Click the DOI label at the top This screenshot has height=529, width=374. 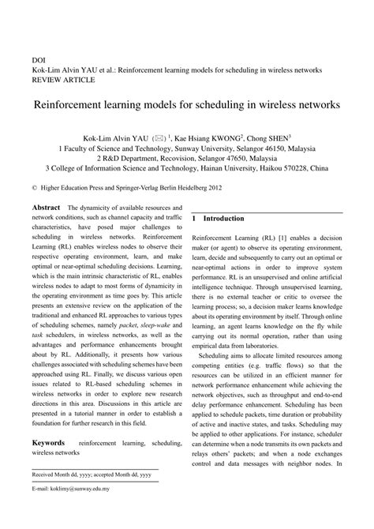click(38, 59)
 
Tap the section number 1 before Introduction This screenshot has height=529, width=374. click(194, 218)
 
